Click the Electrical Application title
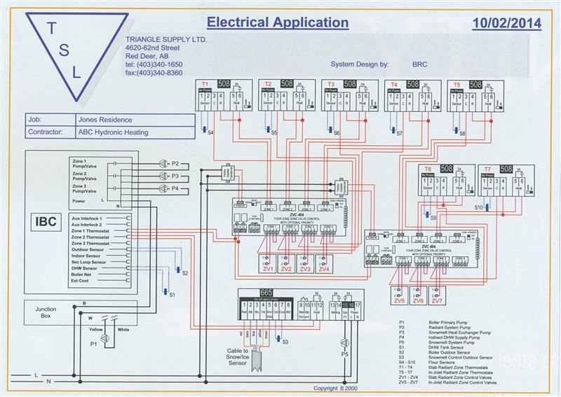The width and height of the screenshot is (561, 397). click(278, 22)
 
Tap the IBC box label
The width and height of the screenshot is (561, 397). click(46, 221)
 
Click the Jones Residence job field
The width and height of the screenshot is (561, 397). click(106, 120)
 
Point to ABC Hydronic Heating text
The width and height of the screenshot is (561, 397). click(114, 131)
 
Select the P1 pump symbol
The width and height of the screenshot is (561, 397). click(105, 338)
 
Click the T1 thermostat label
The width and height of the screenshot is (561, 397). click(204, 84)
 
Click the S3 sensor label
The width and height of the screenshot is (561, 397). click(285, 341)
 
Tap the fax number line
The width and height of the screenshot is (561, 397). click(154, 73)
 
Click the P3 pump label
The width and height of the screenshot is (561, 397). click(175, 176)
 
